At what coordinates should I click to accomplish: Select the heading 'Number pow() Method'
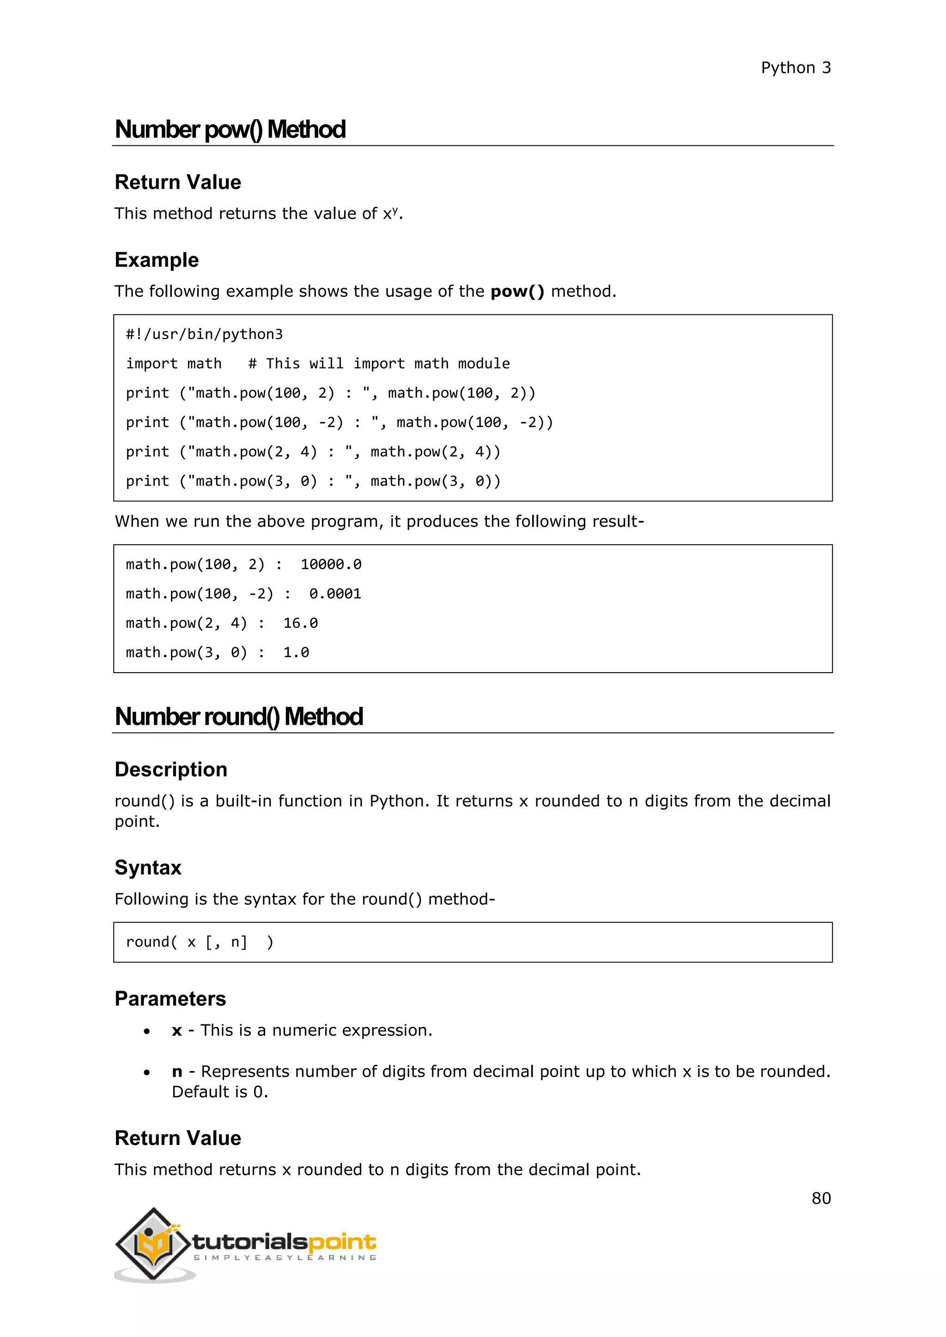click(230, 129)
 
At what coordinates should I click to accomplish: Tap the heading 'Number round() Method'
click(239, 716)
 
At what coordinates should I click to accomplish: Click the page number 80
click(821, 1198)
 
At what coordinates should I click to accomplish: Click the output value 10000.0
click(331, 564)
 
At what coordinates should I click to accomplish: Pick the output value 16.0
click(301, 623)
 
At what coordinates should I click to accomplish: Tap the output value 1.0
click(296, 652)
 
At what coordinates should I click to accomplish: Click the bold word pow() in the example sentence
click(517, 291)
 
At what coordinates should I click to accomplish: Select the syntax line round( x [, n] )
click(199, 942)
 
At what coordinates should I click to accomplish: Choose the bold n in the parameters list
click(177, 1072)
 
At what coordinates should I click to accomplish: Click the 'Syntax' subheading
click(148, 867)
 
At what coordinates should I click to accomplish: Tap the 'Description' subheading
click(170, 769)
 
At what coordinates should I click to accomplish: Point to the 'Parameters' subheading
click(170, 999)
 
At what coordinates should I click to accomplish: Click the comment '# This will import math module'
click(379, 363)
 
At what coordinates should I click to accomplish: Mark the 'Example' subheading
click(157, 260)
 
